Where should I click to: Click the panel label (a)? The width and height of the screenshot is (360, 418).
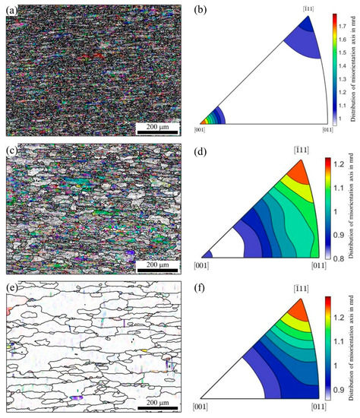[x=11, y=11]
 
